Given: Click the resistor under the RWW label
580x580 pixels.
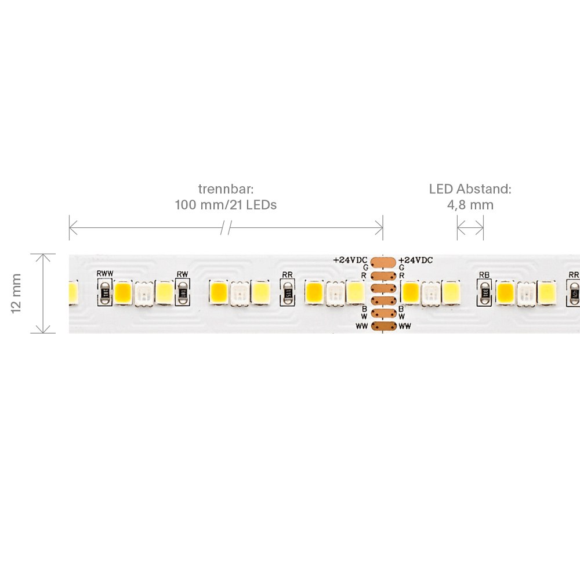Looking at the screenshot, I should (x=105, y=293).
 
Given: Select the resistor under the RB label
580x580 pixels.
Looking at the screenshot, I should (x=484, y=293).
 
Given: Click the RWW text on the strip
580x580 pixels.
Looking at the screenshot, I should (x=105, y=273).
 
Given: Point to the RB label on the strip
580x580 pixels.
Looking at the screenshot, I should (x=484, y=274).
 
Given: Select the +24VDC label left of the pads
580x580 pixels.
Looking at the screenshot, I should (x=350, y=260).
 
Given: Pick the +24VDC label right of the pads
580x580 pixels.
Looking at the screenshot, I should (x=415, y=260).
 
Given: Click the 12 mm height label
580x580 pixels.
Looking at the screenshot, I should (x=16, y=293).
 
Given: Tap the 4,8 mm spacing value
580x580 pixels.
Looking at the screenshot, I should (x=470, y=205).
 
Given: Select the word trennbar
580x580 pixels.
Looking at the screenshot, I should (x=226, y=189).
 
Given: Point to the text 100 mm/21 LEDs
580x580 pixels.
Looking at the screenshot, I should (x=226, y=205).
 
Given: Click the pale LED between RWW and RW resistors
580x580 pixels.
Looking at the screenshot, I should (x=143, y=293).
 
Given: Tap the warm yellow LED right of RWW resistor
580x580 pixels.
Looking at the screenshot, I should (x=123, y=293).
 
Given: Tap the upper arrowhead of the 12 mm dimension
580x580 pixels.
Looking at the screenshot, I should (x=43, y=257).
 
